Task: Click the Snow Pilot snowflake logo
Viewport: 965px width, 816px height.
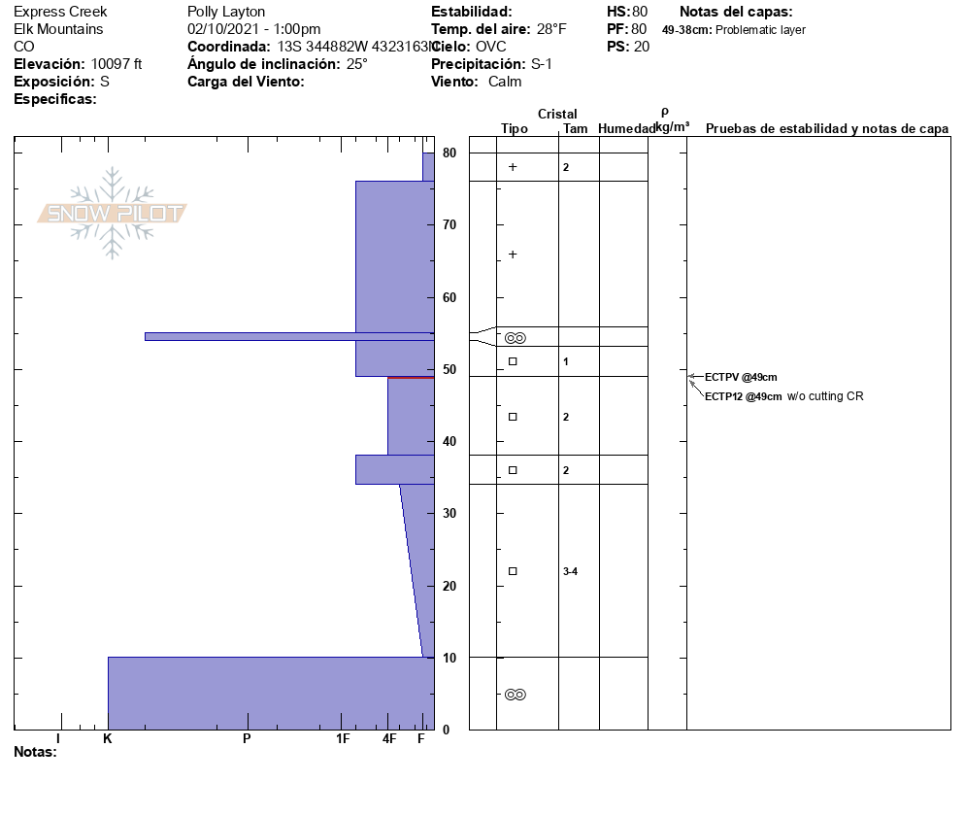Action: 112,213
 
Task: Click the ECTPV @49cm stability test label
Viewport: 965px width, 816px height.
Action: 741,377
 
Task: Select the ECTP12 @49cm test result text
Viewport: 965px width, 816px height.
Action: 743,396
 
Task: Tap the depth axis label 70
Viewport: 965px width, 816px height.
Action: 449,224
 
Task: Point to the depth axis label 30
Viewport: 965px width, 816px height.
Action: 449,513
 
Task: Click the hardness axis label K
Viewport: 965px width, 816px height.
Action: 107,738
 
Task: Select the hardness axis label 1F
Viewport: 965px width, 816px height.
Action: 343,738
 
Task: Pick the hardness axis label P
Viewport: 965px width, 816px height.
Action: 247,738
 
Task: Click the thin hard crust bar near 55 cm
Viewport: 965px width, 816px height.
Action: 289,336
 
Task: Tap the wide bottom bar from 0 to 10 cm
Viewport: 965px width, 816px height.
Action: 272,694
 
